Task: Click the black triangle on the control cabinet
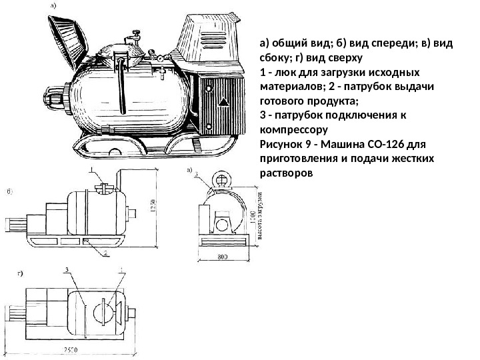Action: (222, 102)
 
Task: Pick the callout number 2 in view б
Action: (105, 253)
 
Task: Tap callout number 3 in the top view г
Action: (67, 271)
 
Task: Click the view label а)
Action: (52, 6)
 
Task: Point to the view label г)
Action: (21, 273)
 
